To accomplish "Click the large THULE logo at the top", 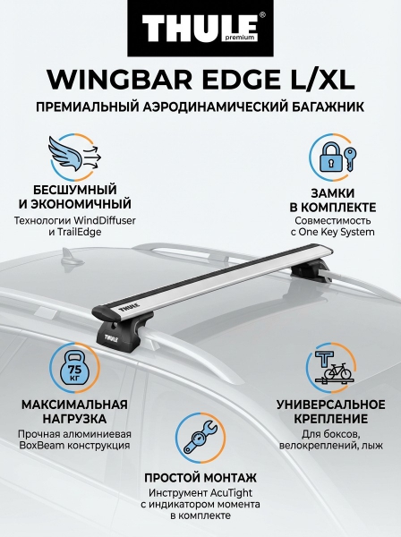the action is click(200, 29).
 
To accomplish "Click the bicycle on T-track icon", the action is click(331, 367).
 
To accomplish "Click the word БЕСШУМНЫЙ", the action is click(74, 190).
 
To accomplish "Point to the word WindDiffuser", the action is click(105, 220).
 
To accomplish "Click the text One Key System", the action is click(337, 232).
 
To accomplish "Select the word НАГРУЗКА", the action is click(74, 419).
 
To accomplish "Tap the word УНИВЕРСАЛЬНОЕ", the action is click(331, 405).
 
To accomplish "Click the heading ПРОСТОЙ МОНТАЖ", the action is click(200, 477).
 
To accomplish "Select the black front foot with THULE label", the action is click(109, 329).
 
